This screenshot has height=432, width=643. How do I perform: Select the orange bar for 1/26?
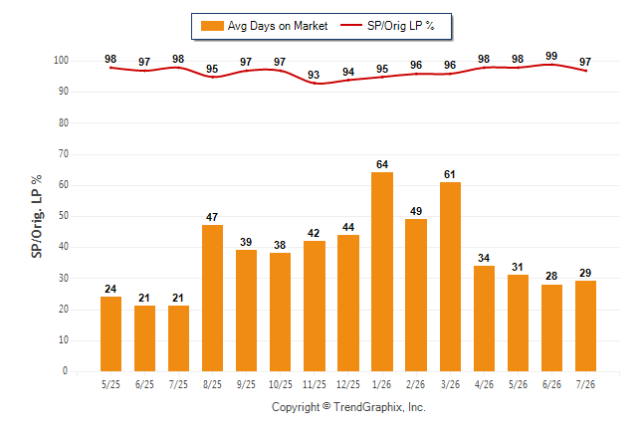click(x=382, y=272)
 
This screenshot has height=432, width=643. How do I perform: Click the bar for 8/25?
click(x=212, y=298)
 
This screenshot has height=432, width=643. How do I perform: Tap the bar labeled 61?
click(x=450, y=277)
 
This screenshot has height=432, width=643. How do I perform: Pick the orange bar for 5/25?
click(x=110, y=333)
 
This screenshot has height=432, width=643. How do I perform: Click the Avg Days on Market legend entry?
click(x=265, y=26)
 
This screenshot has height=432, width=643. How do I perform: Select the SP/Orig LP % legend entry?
click(x=387, y=26)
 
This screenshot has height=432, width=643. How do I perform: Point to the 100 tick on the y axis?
click(x=61, y=61)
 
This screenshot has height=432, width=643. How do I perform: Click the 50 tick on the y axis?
click(x=63, y=216)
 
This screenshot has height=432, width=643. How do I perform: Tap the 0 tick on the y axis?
click(x=66, y=371)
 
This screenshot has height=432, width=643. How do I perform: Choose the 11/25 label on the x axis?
click(x=315, y=384)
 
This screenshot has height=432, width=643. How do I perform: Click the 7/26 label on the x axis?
click(x=585, y=384)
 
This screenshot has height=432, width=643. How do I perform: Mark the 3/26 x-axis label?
click(x=450, y=384)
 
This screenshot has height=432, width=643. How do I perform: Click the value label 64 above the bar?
click(x=382, y=164)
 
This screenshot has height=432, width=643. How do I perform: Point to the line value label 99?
click(x=551, y=56)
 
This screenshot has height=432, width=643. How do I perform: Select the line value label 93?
click(x=314, y=75)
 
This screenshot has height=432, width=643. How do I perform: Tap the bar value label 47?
click(x=212, y=217)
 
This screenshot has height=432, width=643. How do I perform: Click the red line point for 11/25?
click(x=315, y=84)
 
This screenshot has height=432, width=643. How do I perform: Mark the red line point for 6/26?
click(x=551, y=65)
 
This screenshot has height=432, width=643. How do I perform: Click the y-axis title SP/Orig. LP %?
click(x=37, y=217)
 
